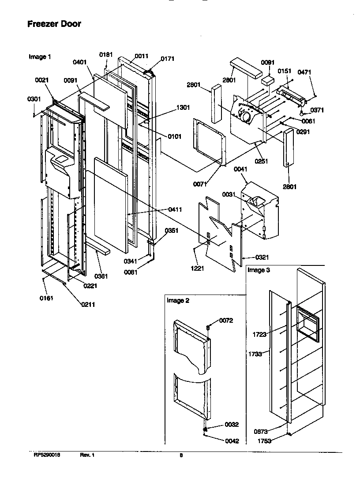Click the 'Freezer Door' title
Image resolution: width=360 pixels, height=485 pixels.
point(54,24)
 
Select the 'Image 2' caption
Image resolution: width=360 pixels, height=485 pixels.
point(177,301)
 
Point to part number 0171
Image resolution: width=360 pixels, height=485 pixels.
point(167,59)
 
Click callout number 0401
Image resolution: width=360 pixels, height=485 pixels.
point(79,62)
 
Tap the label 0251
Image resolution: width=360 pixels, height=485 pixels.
point(261,161)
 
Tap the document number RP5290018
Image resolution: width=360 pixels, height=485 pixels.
point(47,455)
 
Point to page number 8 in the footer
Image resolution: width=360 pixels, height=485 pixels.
point(181,456)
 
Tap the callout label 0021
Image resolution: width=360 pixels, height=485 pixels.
point(42,80)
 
